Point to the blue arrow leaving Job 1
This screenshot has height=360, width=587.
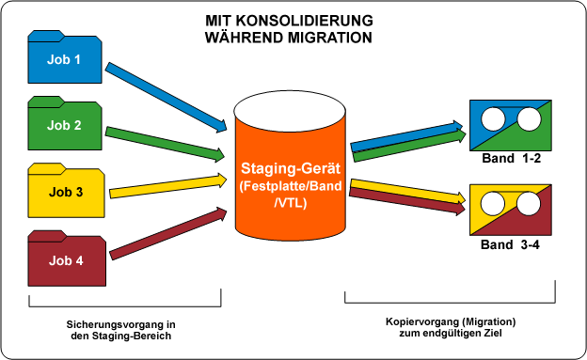(167, 95)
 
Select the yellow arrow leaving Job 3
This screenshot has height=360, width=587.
(169, 185)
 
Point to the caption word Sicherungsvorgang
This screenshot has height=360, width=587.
(112, 322)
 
